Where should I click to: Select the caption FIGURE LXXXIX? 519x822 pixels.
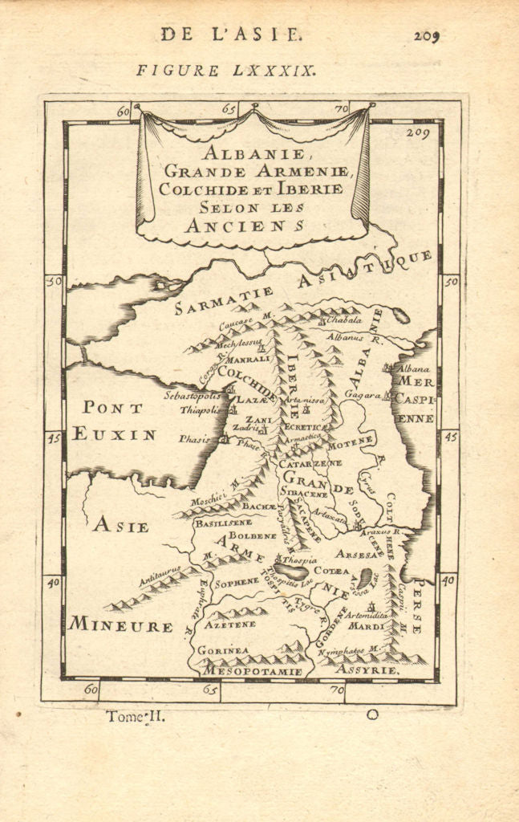pos(226,70)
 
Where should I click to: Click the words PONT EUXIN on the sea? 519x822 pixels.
pos(113,421)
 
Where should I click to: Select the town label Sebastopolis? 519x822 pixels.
pos(192,396)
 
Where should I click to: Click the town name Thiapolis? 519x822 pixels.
pos(198,409)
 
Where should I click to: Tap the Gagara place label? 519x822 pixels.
pos(362,395)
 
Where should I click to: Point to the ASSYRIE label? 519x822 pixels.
pos(367,669)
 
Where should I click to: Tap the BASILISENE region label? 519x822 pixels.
pos(222,522)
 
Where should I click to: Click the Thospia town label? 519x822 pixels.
pos(300,559)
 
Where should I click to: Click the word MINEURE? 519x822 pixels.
pos(120,625)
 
